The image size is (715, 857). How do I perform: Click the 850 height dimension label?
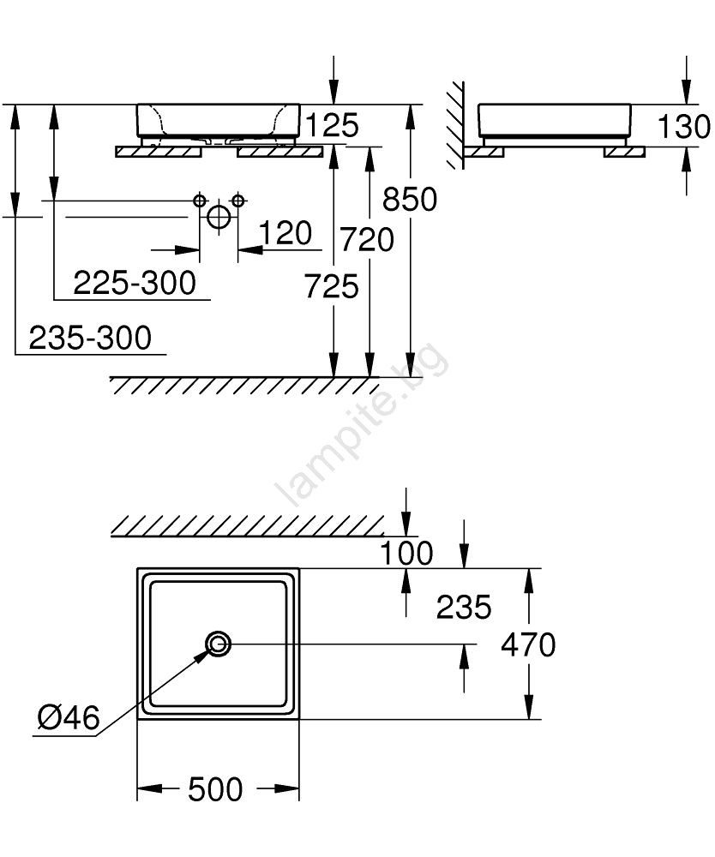point(410,199)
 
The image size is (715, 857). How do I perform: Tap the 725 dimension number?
point(331,286)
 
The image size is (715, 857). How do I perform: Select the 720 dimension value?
point(367,240)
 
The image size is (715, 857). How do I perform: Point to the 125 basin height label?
point(332,125)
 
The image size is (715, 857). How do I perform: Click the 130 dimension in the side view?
point(684,126)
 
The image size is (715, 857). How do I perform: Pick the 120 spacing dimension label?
point(285,233)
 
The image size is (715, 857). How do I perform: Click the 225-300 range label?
point(135,283)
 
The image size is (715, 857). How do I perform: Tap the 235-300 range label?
point(90,337)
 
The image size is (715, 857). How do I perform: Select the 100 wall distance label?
point(406,553)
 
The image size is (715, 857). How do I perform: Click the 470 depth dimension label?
point(529,644)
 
